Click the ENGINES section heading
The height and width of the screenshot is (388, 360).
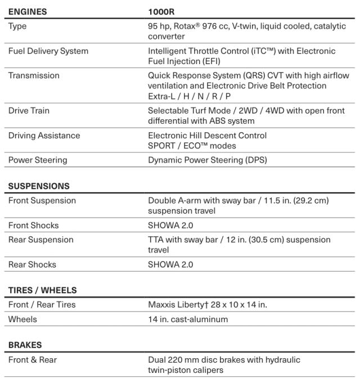click(x=28, y=11)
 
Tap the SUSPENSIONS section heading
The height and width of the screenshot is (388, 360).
click(x=39, y=186)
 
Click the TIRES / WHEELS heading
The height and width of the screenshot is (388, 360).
click(x=42, y=291)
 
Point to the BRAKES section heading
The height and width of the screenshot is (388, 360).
click(x=25, y=345)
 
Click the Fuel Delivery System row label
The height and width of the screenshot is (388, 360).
click(x=48, y=51)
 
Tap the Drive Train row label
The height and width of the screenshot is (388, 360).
click(x=29, y=111)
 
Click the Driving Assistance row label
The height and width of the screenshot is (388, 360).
click(x=44, y=136)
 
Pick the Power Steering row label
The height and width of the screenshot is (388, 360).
click(x=38, y=160)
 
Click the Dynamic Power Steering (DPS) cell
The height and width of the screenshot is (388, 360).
click(x=208, y=160)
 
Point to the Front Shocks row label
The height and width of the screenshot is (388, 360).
click(x=33, y=225)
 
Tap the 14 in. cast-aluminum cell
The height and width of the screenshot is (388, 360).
click(x=188, y=319)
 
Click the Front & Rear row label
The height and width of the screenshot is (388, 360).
click(x=33, y=359)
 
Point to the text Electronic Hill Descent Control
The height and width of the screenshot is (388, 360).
click(x=207, y=136)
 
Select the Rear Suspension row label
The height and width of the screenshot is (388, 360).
click(x=41, y=240)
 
